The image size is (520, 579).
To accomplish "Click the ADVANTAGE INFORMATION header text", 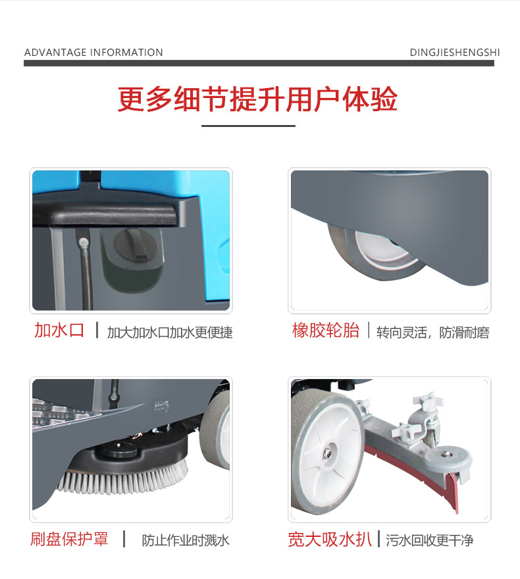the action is pos(93,53).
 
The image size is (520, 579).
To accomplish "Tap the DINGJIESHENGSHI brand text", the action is pos(455,53).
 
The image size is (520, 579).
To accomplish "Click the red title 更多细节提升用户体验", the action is pos(257,99).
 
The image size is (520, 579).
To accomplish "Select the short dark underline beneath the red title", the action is pos(248,126).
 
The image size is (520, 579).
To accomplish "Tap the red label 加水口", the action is pos(59,330).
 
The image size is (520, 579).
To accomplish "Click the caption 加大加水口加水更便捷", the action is pos(170,333).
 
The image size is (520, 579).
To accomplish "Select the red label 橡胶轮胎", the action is pos(326,330).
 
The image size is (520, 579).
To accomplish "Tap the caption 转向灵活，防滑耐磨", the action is pos(433,333).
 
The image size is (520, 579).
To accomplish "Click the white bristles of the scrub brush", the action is pos(122,480).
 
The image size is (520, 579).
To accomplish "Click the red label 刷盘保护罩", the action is pos(69,539).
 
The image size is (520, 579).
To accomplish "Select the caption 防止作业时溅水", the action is pos(186,541).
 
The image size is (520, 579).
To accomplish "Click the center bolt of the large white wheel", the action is pos(327,453).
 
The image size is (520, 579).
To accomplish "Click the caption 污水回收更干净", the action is pos(430,541).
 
